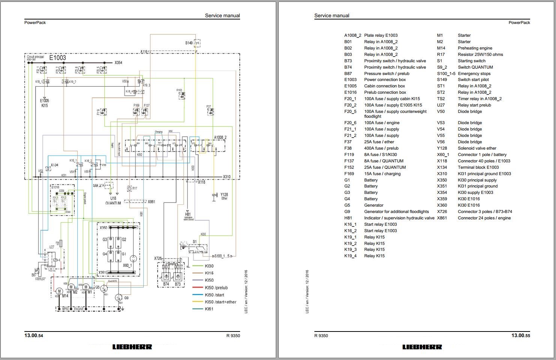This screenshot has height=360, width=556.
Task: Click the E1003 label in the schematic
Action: (x=57, y=58)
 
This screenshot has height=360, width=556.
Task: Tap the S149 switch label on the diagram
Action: (x=189, y=43)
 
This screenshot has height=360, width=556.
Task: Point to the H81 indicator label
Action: (x=188, y=214)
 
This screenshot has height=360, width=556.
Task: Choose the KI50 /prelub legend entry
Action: (x=216, y=288)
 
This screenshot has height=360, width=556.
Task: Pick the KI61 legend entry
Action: (x=209, y=309)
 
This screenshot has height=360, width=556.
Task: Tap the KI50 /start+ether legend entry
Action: (x=221, y=302)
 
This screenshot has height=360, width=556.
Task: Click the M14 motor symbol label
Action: (x=65, y=296)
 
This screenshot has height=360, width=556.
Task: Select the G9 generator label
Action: (x=126, y=298)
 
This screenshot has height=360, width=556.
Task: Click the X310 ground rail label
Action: (x=227, y=177)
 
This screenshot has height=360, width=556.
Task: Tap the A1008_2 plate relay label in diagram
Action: (x=220, y=138)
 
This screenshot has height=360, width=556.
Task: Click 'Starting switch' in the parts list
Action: (x=472, y=61)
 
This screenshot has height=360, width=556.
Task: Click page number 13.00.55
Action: (x=521, y=336)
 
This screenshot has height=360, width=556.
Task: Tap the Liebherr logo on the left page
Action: (x=132, y=347)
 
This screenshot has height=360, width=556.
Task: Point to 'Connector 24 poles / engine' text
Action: (x=484, y=218)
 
